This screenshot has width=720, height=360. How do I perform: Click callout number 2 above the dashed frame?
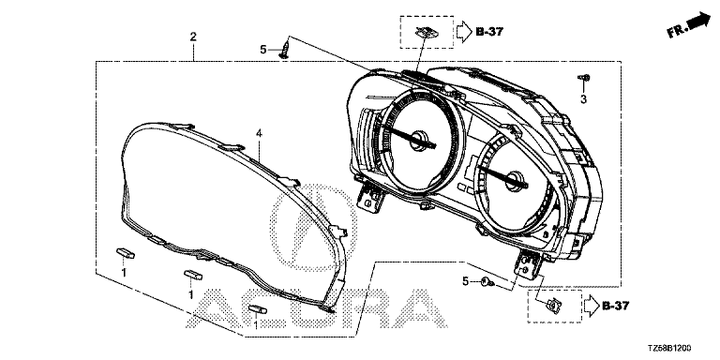tap(193, 37)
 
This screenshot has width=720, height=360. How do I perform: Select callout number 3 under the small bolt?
tap(584, 99)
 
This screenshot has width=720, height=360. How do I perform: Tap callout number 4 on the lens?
tap(259, 134)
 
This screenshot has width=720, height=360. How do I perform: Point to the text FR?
tap(677, 31)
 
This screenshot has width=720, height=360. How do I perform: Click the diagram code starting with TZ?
tap(669, 349)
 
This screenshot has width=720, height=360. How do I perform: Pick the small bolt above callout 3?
tap(584, 78)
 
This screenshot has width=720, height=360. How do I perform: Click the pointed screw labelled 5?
tap(285, 50)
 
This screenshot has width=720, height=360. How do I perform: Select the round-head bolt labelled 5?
tap(487, 282)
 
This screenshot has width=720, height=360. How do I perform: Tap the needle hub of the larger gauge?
tap(419, 140)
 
